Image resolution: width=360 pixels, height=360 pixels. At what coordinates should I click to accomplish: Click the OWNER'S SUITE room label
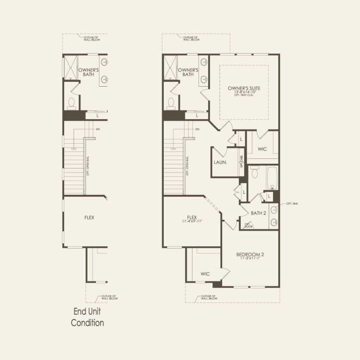[x=244, y=88]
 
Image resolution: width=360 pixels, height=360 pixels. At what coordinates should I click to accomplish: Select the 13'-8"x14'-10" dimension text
[x=244, y=92]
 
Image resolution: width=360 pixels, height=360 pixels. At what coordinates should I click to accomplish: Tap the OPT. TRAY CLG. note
[x=244, y=96]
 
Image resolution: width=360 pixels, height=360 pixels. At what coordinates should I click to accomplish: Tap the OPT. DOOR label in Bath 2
[x=248, y=225]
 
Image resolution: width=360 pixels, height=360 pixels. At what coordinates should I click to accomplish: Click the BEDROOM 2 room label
[x=250, y=254]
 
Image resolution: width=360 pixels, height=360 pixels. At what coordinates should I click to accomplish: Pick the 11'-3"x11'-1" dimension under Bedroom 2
[x=250, y=259]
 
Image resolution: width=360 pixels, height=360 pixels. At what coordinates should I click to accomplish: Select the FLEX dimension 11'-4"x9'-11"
[x=192, y=221]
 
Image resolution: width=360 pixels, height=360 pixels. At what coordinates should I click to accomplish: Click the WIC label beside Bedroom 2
[x=205, y=273]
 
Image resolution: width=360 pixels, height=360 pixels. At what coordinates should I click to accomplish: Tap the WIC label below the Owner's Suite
[x=263, y=149]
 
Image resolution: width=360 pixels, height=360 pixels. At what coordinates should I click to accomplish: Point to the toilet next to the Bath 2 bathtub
[x=255, y=173]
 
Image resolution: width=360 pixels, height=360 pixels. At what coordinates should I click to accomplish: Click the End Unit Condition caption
[x=88, y=317]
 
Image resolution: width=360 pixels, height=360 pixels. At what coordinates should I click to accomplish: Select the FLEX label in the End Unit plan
[x=89, y=218]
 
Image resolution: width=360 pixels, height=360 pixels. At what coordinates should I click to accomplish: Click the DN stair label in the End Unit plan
[x=98, y=129]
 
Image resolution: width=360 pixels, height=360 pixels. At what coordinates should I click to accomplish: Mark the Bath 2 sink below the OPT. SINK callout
[x=273, y=222]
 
